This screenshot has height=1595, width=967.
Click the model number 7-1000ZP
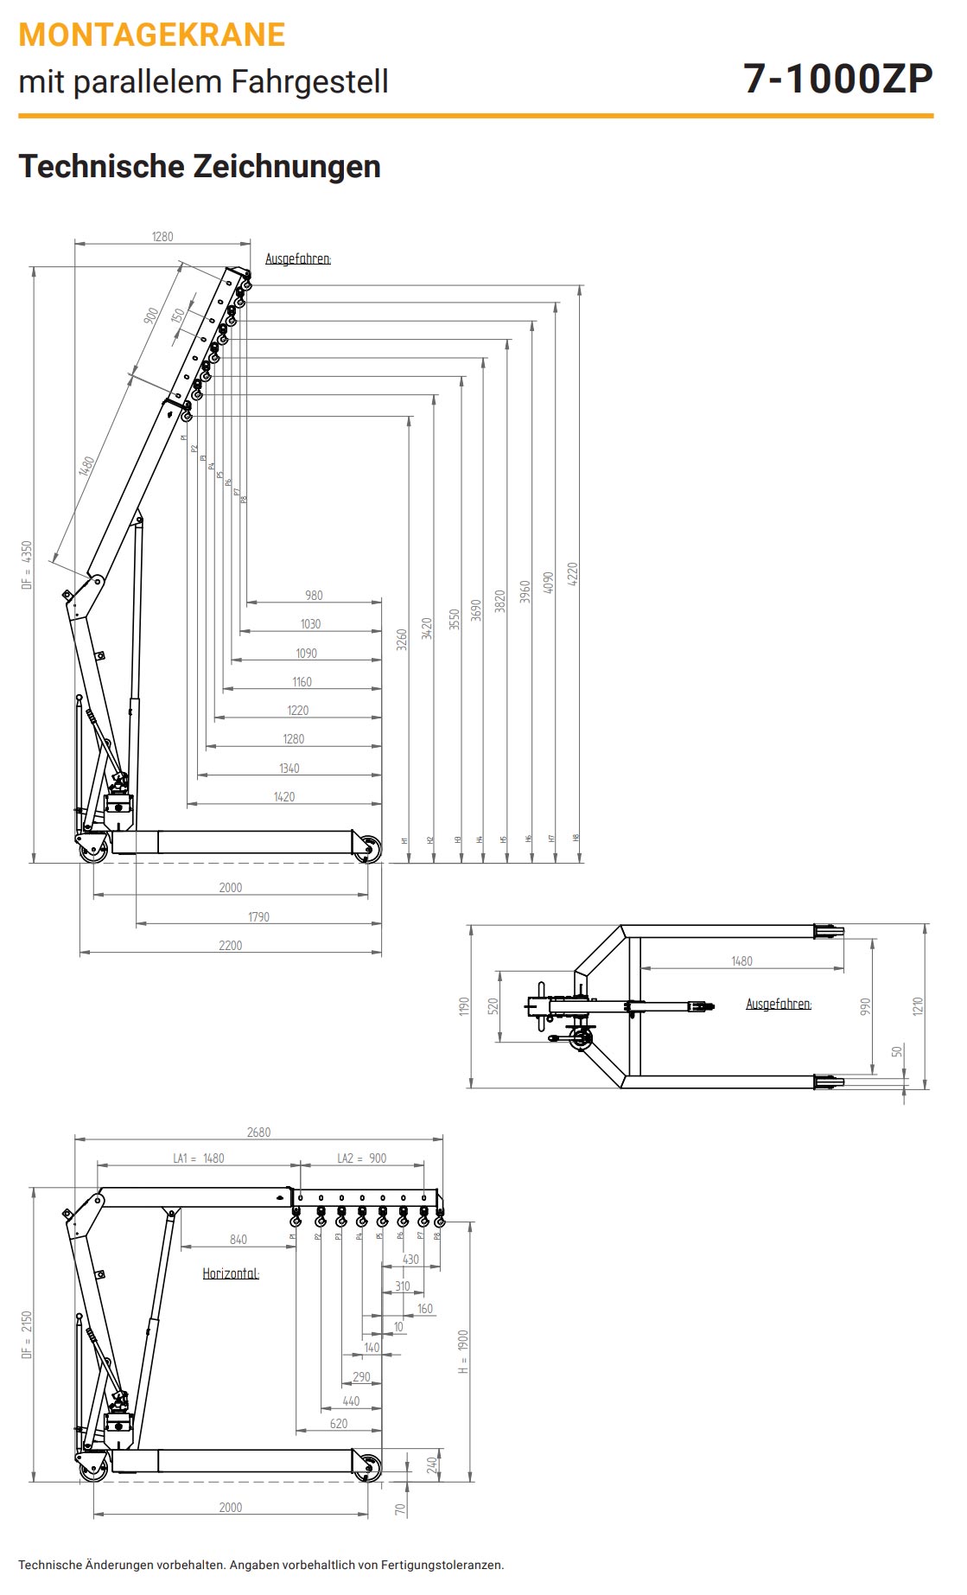point(837,79)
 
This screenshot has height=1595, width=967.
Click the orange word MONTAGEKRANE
point(152,35)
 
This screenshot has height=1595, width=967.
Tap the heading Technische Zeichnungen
point(200,166)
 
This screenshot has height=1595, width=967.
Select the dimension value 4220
point(572,574)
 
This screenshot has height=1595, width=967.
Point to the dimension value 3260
point(402,640)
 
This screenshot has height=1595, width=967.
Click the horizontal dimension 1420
point(284,797)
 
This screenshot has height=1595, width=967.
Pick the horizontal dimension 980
point(314,596)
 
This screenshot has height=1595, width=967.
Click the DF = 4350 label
point(27,565)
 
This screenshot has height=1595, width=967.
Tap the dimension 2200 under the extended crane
point(231,946)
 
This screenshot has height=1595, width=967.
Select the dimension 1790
point(258,917)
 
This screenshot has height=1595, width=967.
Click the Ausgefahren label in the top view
point(779,1004)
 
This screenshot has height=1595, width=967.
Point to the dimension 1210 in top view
point(918,1006)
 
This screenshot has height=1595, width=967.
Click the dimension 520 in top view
point(493,1006)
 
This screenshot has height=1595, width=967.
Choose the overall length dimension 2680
point(258,1132)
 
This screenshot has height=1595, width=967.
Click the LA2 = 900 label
point(361,1158)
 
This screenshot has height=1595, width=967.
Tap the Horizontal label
point(231,1273)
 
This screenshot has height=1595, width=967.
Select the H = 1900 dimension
point(463,1352)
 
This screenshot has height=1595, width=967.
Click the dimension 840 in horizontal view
point(239,1240)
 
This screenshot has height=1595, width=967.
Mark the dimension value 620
point(339,1424)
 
